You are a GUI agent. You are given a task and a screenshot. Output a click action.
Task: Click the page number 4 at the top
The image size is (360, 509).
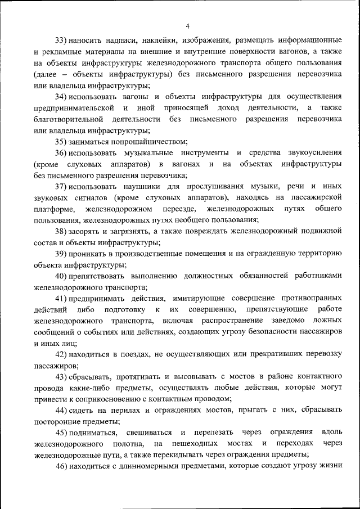click(x=187, y=25)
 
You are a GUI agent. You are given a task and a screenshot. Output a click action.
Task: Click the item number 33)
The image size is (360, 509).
click(x=61, y=41)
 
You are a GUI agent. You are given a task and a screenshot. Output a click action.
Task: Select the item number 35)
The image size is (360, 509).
click(x=61, y=142)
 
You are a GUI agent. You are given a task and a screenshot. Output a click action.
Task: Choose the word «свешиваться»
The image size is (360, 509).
click(x=150, y=432)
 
